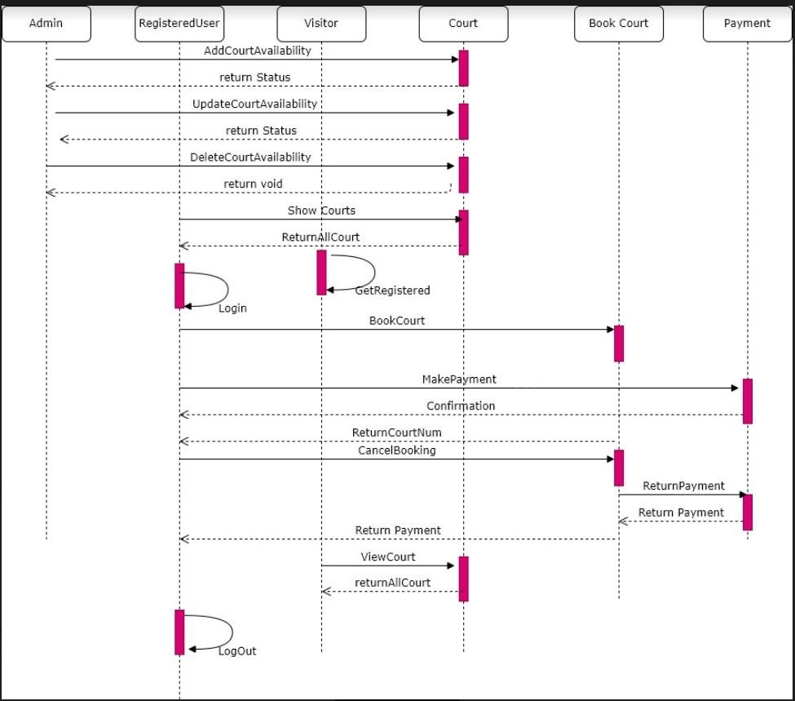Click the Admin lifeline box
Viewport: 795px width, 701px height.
click(46, 24)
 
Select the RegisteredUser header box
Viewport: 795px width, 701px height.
click(179, 24)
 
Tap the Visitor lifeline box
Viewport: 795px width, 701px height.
click(321, 24)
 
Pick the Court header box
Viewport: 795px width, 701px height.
click(463, 24)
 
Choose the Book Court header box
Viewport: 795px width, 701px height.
click(618, 24)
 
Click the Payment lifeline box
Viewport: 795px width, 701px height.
click(747, 24)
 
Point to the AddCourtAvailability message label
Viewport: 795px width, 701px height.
click(258, 51)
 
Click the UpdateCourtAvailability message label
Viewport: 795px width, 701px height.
click(254, 104)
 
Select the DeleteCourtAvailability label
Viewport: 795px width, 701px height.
click(250, 158)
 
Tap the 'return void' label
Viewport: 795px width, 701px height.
click(254, 184)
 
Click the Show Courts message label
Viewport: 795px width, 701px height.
click(321, 211)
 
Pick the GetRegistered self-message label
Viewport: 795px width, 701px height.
click(392, 291)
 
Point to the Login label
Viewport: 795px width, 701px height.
click(232, 308)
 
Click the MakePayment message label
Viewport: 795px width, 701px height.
click(459, 379)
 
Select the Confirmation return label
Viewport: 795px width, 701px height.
click(461, 406)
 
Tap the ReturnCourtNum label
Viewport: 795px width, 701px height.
click(397, 433)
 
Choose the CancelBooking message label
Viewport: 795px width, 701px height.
click(397, 450)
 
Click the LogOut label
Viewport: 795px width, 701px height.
click(237, 651)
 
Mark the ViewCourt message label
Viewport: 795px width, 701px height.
click(388, 557)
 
